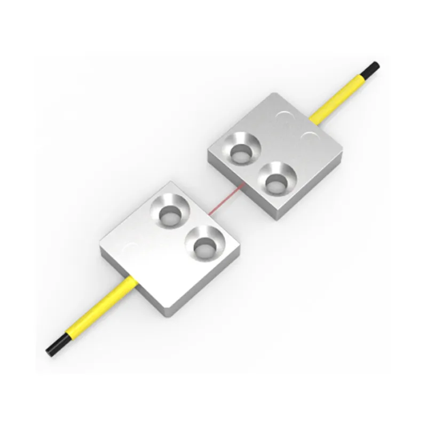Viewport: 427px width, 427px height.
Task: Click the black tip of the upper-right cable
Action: point(373,68)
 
